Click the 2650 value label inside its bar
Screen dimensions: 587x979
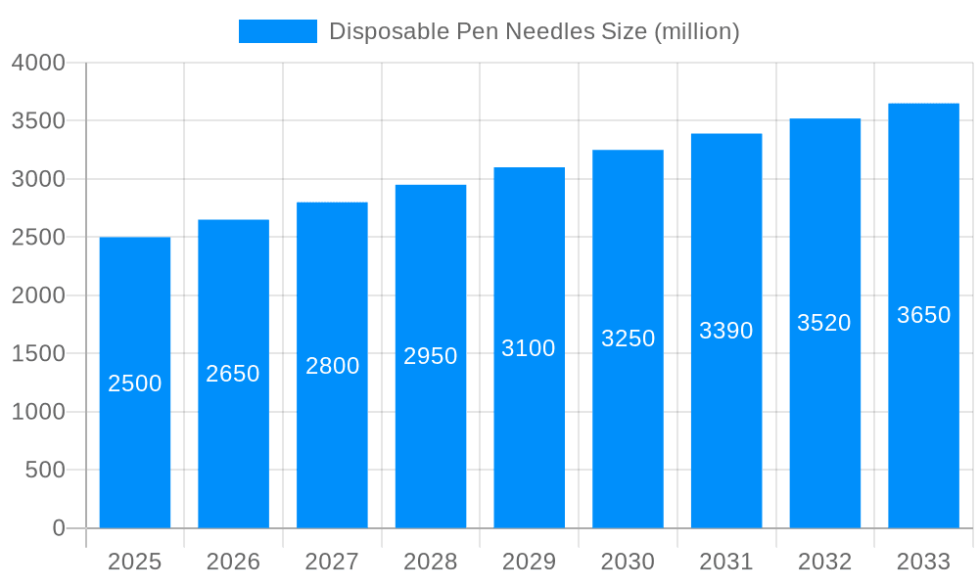point(233,374)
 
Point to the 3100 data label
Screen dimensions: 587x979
point(529,348)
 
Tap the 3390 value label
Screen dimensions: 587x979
point(726,331)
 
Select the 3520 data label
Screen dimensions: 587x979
point(824,323)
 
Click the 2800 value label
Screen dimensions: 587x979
point(333,366)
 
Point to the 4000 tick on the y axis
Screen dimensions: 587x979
point(38,64)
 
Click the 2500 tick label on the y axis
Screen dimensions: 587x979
point(38,238)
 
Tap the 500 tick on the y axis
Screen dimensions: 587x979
point(45,471)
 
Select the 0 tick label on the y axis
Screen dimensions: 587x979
point(59,528)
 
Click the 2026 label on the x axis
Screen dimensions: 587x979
point(233,562)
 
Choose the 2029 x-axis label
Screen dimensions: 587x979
point(529,562)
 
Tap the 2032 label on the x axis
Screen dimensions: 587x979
point(824,562)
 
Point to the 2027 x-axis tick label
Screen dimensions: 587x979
point(332,562)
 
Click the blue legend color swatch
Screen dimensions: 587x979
point(278,31)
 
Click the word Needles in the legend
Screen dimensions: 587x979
point(548,31)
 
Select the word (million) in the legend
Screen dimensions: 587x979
point(696,31)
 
